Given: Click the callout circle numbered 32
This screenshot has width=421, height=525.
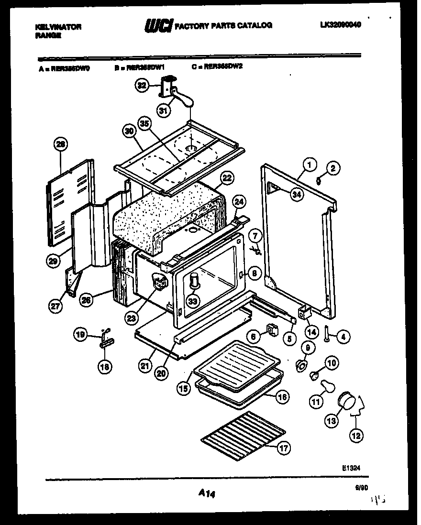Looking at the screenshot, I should click(141, 86).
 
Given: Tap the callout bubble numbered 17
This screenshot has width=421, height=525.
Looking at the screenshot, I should click(284, 448).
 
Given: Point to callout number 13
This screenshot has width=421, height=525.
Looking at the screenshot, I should click(331, 420).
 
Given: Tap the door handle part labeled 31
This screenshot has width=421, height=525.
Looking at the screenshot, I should click(182, 99).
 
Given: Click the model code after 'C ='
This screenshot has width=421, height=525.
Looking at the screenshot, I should click(223, 67).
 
